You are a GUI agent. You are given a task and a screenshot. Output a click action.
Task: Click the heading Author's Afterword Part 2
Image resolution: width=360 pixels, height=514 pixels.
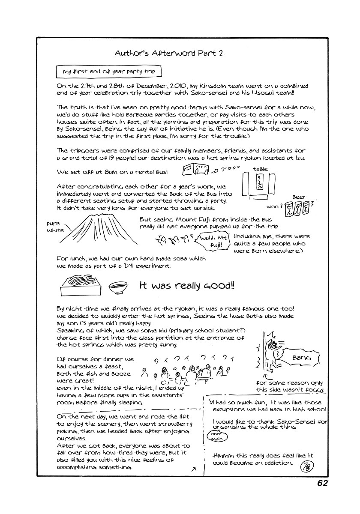[170, 54]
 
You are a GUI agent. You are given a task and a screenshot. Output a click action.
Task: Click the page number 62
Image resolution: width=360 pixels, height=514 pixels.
[322, 483]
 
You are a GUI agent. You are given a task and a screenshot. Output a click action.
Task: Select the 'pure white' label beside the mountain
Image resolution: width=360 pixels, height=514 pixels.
[55, 227]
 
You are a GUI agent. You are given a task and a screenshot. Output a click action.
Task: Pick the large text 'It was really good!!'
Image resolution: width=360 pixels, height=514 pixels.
[187, 286]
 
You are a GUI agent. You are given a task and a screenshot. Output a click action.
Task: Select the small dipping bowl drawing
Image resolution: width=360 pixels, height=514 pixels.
[117, 287]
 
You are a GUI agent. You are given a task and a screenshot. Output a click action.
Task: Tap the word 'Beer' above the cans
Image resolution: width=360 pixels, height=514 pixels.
[299, 197]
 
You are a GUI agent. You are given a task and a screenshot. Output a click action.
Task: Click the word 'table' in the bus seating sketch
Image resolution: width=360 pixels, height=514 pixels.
[260, 169]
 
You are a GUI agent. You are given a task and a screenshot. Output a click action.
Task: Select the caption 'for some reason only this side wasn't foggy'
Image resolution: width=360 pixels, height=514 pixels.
[290, 386]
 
